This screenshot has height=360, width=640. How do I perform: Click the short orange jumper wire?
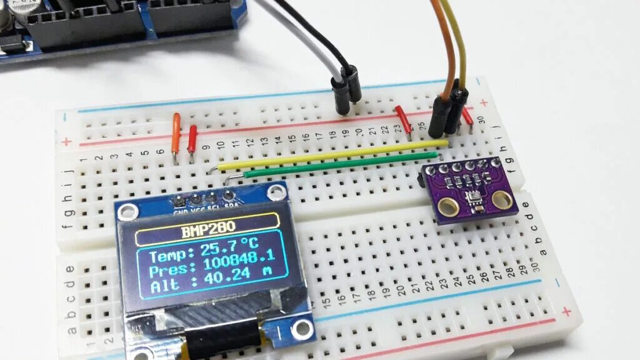[x=176, y=133]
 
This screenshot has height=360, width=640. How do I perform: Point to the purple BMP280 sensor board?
[x=469, y=190]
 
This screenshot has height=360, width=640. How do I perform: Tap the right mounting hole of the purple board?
[x=501, y=199]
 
